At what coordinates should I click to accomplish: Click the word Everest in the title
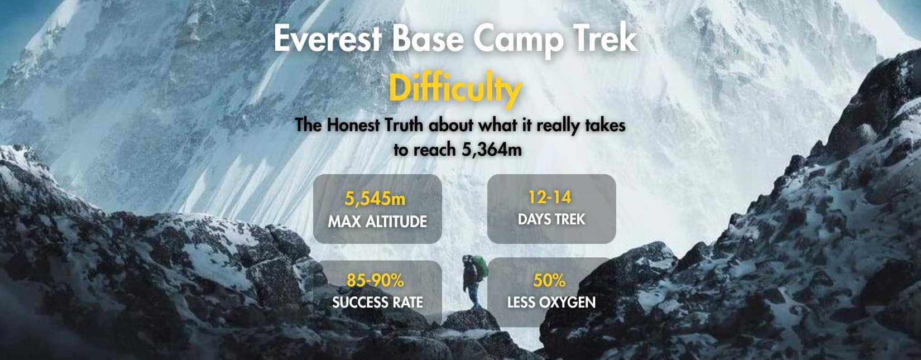point(328,39)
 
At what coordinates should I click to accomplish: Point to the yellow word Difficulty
point(455,89)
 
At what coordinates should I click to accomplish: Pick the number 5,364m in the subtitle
point(492,150)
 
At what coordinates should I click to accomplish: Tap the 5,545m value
point(375,199)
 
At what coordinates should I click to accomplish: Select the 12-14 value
point(550,197)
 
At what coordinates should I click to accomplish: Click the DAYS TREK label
point(551,219)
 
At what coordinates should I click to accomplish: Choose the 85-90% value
point(375,280)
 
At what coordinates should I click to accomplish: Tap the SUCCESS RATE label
point(377,303)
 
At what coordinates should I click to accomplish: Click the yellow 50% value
point(549,280)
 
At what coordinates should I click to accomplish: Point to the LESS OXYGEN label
point(551,303)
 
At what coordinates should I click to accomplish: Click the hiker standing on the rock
point(473,282)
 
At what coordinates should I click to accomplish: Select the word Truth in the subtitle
point(406,125)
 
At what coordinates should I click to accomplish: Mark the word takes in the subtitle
point(605,125)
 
